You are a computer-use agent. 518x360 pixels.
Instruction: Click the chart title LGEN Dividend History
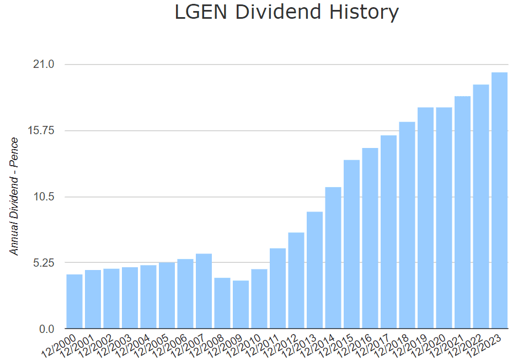[286, 12]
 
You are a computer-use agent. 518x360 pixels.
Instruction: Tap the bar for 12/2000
[74, 301]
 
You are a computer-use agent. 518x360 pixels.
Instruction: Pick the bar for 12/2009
[241, 304]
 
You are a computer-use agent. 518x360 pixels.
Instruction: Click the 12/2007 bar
[204, 291]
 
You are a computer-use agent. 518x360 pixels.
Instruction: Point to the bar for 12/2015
[351, 244]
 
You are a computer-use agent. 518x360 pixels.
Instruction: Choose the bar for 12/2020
[444, 218]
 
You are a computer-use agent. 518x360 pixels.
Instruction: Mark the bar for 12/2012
[296, 280]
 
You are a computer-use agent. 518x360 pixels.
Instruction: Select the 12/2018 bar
[407, 225]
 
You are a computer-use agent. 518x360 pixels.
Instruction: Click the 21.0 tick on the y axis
[45, 65]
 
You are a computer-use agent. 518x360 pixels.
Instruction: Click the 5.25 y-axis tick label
[43, 263]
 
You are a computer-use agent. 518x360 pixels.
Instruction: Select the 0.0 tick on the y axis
[47, 329]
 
